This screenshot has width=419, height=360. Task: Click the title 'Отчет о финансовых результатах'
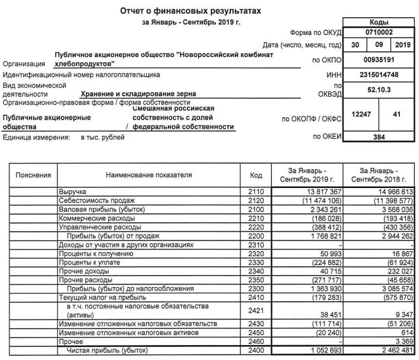191,11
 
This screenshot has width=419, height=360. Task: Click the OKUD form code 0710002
378,32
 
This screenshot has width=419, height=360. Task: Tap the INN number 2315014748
378,75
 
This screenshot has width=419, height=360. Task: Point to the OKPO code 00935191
378,60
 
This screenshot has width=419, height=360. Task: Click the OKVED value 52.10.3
378,90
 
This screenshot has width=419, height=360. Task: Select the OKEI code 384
378,137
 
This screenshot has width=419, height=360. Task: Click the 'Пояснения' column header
34,176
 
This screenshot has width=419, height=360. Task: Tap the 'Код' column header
256,176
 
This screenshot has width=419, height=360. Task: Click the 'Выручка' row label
72,193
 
